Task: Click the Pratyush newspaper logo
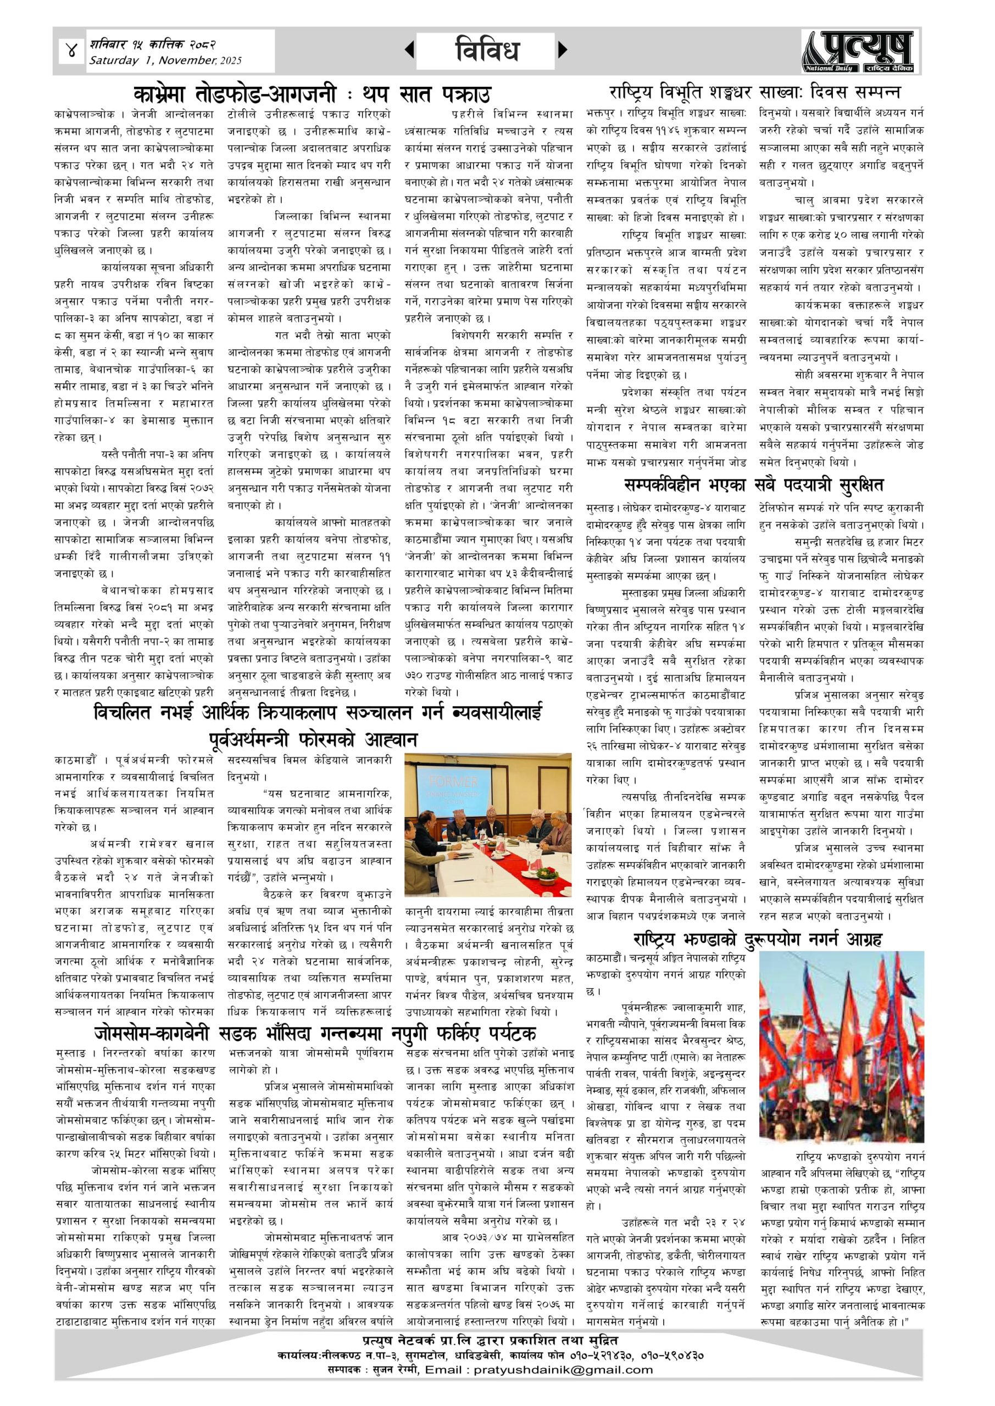click(857, 52)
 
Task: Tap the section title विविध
click(487, 50)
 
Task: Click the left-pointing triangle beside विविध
click(409, 50)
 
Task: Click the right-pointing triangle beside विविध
click(563, 50)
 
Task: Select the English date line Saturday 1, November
click(165, 60)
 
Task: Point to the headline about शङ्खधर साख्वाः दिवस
click(754, 93)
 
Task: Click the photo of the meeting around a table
click(488, 825)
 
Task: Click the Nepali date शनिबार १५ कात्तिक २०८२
click(153, 44)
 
